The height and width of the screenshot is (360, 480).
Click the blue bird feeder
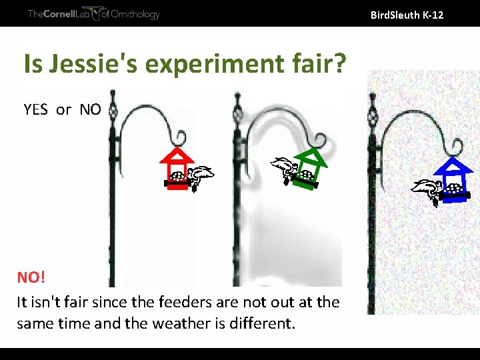(454, 180)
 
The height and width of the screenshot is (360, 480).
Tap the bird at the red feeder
(199, 176)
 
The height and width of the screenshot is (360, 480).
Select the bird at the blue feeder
(427, 189)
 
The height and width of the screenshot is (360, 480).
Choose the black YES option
(35, 109)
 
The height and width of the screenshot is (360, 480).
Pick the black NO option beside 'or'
(90, 109)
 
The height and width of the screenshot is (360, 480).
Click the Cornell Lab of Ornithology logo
(93, 14)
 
